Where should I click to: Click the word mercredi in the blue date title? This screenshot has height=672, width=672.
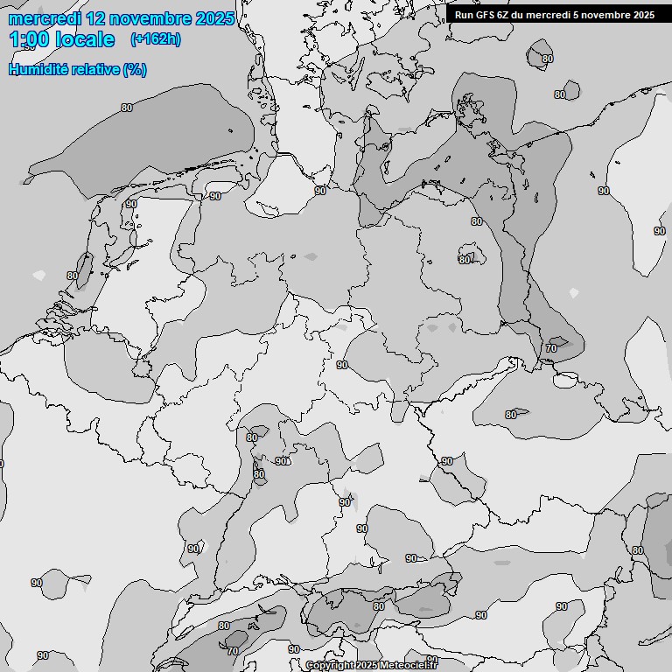[x=48, y=18]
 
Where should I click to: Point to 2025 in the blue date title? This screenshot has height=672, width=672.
[x=215, y=18]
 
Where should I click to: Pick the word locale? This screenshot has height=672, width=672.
[x=85, y=39]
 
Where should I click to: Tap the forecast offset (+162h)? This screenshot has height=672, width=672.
[x=155, y=39]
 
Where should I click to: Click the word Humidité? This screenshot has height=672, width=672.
[x=39, y=69]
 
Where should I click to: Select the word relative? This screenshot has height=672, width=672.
[x=96, y=69]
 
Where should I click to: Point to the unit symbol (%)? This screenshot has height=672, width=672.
[x=135, y=69]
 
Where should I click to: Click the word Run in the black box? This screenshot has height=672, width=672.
[x=465, y=15]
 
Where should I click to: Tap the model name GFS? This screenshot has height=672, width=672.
[x=487, y=15]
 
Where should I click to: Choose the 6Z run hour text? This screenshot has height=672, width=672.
[x=507, y=15]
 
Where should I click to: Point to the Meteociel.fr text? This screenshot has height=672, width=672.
[x=409, y=666]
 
